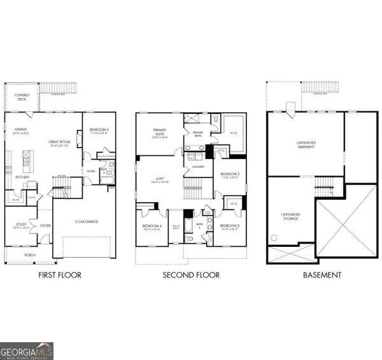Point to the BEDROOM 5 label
tap(99, 130)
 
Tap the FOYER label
tap(45, 225)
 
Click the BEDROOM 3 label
tap(229, 226)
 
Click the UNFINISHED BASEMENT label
tap(306, 145)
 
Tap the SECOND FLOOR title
tap(190, 275)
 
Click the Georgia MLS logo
tap(27, 350)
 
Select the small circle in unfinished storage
tap(275, 238)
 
